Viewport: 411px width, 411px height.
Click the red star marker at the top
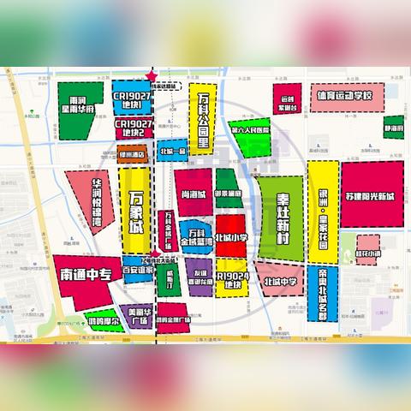(x=152, y=75)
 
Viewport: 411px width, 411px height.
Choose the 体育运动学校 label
(x=342, y=95)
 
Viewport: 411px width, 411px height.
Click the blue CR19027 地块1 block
(x=132, y=100)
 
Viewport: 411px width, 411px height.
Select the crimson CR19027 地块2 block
(x=134, y=128)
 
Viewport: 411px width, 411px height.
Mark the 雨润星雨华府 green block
(x=83, y=111)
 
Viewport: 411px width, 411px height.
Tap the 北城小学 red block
(x=230, y=237)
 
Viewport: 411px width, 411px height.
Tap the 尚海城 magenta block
(x=193, y=195)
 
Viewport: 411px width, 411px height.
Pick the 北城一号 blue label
(x=172, y=152)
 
